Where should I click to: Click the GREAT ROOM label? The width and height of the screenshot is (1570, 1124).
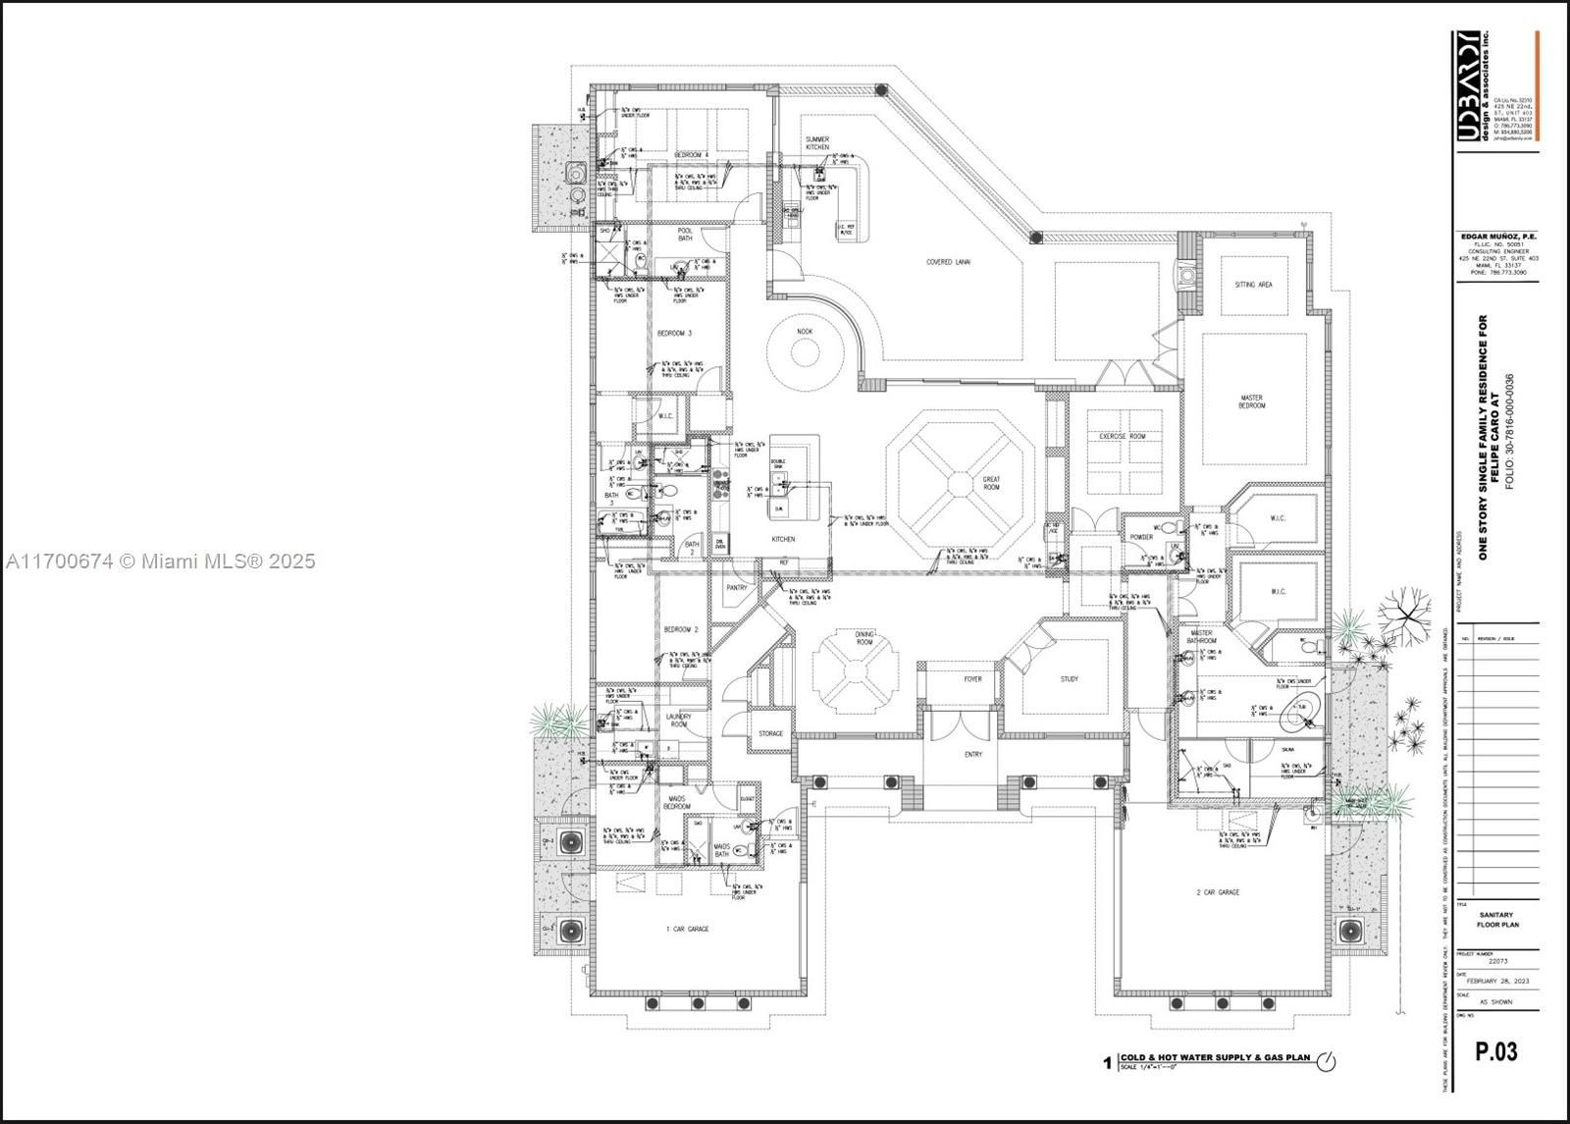(991, 483)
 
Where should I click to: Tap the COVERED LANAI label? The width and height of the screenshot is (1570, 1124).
(948, 262)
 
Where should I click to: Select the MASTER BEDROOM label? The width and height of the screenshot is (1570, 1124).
(1251, 401)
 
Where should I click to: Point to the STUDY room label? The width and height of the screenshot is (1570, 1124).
(1069, 678)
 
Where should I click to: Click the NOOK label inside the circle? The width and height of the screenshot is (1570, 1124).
(805, 332)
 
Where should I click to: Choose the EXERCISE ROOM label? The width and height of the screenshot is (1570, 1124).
(1123, 436)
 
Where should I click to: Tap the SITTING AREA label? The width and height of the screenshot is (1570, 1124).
(1253, 285)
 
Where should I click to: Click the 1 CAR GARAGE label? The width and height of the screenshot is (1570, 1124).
(687, 929)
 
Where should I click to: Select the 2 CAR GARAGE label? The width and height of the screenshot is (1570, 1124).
(1218, 892)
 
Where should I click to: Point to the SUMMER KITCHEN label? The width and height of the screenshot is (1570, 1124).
(817, 143)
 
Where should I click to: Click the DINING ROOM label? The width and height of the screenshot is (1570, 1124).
(863, 638)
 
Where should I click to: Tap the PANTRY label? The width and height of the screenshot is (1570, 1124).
(736, 588)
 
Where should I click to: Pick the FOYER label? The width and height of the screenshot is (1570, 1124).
(972, 678)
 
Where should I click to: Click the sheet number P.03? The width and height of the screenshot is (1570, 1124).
(1495, 1051)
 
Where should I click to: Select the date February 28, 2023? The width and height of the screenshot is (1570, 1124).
(1496, 981)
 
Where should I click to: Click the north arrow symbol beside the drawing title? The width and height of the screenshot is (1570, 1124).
(1326, 1061)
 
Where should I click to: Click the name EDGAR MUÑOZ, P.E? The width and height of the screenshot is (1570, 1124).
(1495, 237)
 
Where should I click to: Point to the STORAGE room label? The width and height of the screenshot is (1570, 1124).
(771, 733)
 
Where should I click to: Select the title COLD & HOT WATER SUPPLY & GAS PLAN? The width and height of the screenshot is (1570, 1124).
(1215, 1057)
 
